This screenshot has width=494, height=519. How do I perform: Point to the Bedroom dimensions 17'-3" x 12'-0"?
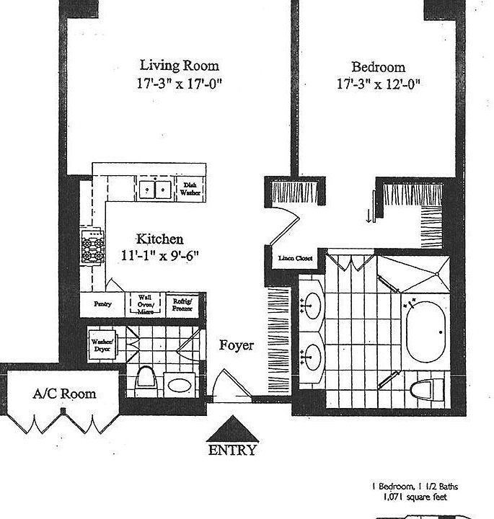[x=378, y=84]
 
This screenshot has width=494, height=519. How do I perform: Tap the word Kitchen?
[x=160, y=239]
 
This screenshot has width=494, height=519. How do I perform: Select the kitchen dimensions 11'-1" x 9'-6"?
[x=160, y=254]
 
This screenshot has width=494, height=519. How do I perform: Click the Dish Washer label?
[x=190, y=189]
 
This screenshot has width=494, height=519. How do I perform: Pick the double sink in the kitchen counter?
[x=156, y=189]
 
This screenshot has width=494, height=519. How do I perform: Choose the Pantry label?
[x=102, y=303]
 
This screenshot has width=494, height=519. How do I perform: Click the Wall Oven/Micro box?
[x=146, y=303]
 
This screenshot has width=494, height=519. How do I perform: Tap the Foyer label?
[x=237, y=345]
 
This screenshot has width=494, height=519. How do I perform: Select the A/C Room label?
[x=64, y=394]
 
